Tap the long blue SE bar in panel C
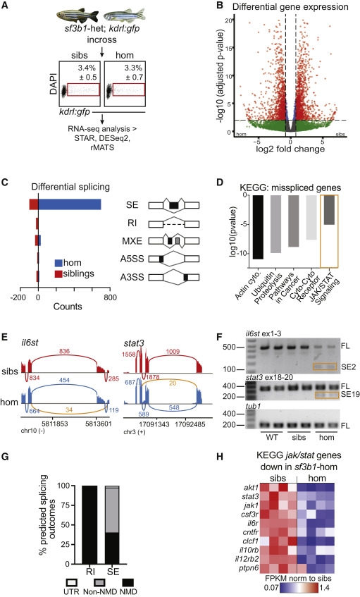tap(70, 204)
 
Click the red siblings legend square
tap(58, 273)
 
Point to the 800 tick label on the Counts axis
tap(111, 297)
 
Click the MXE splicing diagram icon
tap(174, 241)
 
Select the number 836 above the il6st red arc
tap(64, 351)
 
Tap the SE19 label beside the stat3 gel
tap(350, 394)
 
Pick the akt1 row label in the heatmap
tap(252, 488)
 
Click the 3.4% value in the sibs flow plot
tap(87, 68)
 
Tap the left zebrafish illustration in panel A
tap(77, 16)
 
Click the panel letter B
tap(219, 6)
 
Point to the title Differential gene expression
tap(290, 7)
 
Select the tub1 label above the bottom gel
tap(254, 406)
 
